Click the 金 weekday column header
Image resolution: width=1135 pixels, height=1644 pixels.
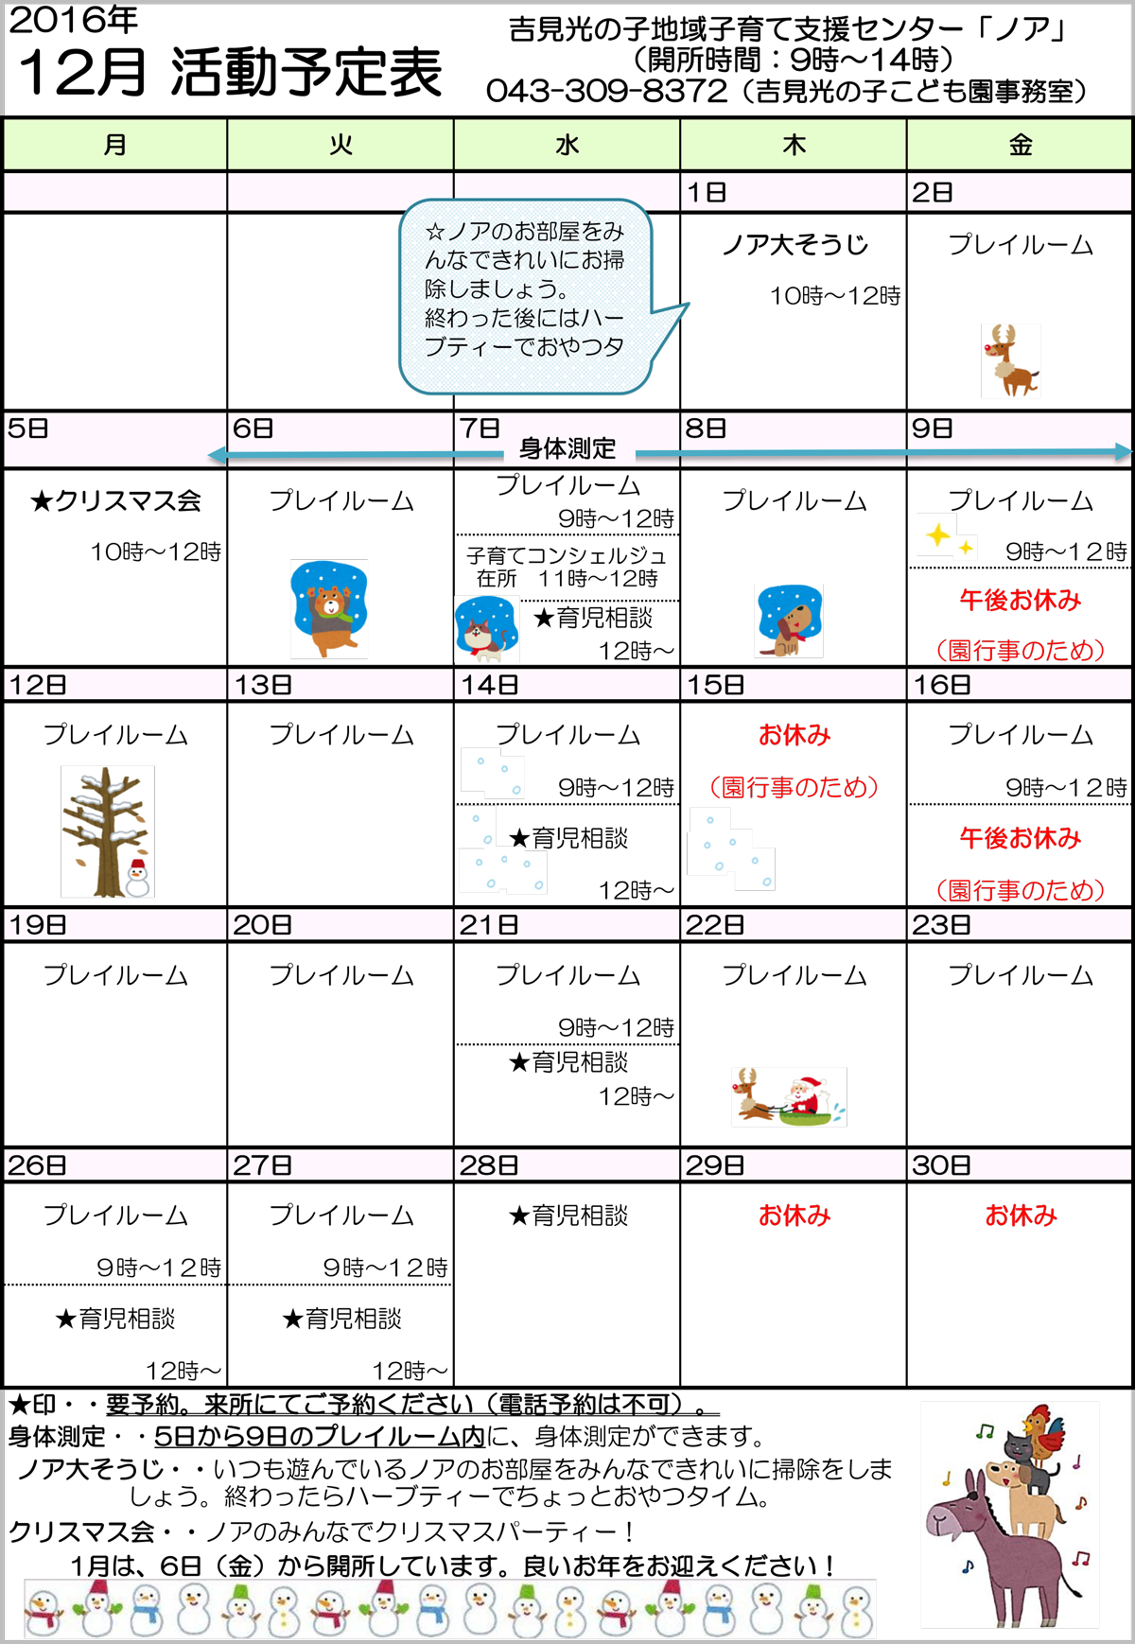[x=1020, y=145]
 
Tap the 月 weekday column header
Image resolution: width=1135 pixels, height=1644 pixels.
[x=114, y=145]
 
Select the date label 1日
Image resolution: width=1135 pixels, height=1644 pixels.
[x=707, y=193]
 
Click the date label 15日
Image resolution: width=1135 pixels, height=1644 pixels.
[x=716, y=685]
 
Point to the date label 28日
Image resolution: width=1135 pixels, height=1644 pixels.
[x=489, y=1165]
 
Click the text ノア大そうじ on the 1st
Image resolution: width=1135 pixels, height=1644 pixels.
[x=794, y=245]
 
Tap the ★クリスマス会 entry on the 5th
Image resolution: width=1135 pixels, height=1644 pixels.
[x=115, y=500]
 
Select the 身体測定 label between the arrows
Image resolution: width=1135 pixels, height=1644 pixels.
[x=567, y=448]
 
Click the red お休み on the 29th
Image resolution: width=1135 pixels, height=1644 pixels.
[x=794, y=1216]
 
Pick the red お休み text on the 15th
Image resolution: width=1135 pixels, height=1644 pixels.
[x=794, y=735]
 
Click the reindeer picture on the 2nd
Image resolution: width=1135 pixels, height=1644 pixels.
[x=1010, y=359]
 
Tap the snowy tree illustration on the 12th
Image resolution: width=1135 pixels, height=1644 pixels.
[x=108, y=831]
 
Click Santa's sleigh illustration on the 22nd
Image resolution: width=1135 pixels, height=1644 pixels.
[x=789, y=1096]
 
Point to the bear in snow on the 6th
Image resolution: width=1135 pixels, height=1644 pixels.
[x=328, y=608]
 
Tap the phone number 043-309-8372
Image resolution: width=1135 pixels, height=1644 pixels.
[x=607, y=91]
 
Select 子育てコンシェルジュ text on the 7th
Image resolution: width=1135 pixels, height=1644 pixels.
[x=567, y=555]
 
